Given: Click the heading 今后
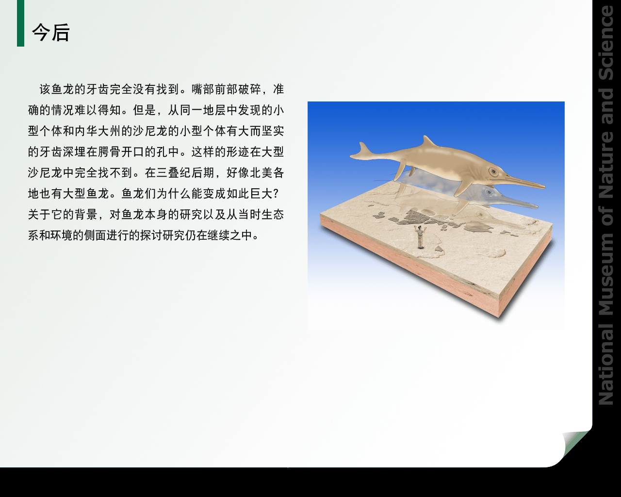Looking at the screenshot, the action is coord(51,33).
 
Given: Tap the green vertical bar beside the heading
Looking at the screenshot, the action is coord(20,23).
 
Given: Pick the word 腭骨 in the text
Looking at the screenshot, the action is coord(109,152).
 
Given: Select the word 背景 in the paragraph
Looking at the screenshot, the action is coord(86,215).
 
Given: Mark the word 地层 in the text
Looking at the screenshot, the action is coord(214,110).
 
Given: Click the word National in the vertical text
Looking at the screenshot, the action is coord(606,364).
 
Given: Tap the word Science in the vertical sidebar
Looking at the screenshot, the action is coord(606,43).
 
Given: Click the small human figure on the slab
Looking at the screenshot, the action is coord(421,237).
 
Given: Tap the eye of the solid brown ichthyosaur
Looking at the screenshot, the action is coord(493,172).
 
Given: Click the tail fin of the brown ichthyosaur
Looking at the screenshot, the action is coord(362,151).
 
